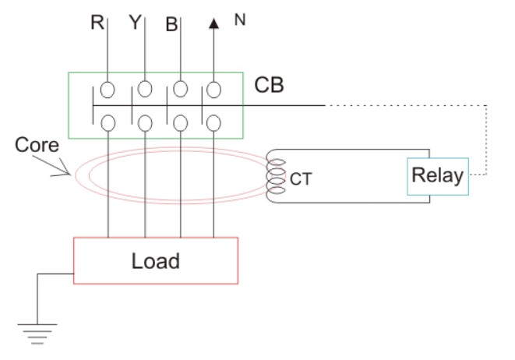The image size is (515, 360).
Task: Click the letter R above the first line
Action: click(x=97, y=22)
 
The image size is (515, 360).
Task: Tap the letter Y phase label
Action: click(x=135, y=22)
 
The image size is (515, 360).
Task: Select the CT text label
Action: click(x=302, y=180)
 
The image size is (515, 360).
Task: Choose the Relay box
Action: click(x=437, y=175)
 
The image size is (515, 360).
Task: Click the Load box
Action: click(x=155, y=260)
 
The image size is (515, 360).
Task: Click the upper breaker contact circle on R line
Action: click(x=108, y=89)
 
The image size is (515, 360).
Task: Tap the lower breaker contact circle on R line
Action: click(x=108, y=122)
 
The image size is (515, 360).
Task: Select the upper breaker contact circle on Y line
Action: click(x=145, y=88)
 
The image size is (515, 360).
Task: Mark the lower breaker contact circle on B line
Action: click(x=181, y=122)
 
